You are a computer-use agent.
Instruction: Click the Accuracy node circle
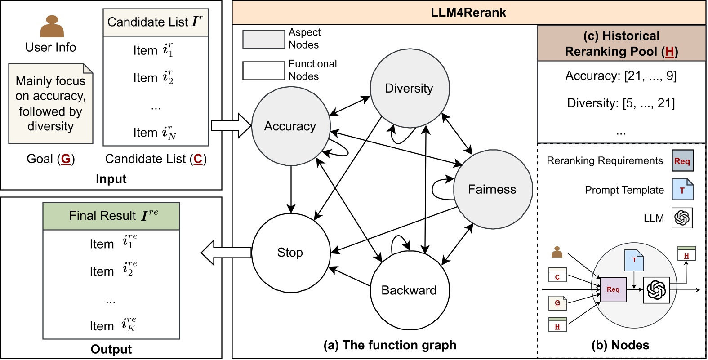[x=290, y=126]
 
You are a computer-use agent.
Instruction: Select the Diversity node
[x=409, y=88]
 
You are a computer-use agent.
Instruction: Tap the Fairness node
[x=492, y=189]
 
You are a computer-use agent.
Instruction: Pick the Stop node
[x=290, y=253]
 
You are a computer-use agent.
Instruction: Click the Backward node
[x=409, y=290]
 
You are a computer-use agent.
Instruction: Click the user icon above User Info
[x=52, y=27]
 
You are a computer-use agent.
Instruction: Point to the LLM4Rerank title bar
[x=468, y=13]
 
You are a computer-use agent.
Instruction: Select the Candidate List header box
[x=156, y=22]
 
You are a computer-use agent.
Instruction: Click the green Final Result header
[x=111, y=216]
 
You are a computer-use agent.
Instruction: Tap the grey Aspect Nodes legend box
[x=263, y=39]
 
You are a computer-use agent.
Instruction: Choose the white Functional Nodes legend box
[x=263, y=71]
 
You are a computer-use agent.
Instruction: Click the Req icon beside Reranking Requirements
[x=682, y=161]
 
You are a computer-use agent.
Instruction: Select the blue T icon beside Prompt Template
[x=682, y=190]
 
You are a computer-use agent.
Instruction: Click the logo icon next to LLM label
[x=682, y=218]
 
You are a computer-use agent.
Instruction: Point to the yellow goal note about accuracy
[x=50, y=104]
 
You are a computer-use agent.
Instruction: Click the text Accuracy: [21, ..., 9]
[x=621, y=76]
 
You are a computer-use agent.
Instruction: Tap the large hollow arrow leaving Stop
[x=226, y=252]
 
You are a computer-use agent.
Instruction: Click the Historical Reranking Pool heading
[x=621, y=44]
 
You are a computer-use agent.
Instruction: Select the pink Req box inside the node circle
[x=613, y=289]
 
